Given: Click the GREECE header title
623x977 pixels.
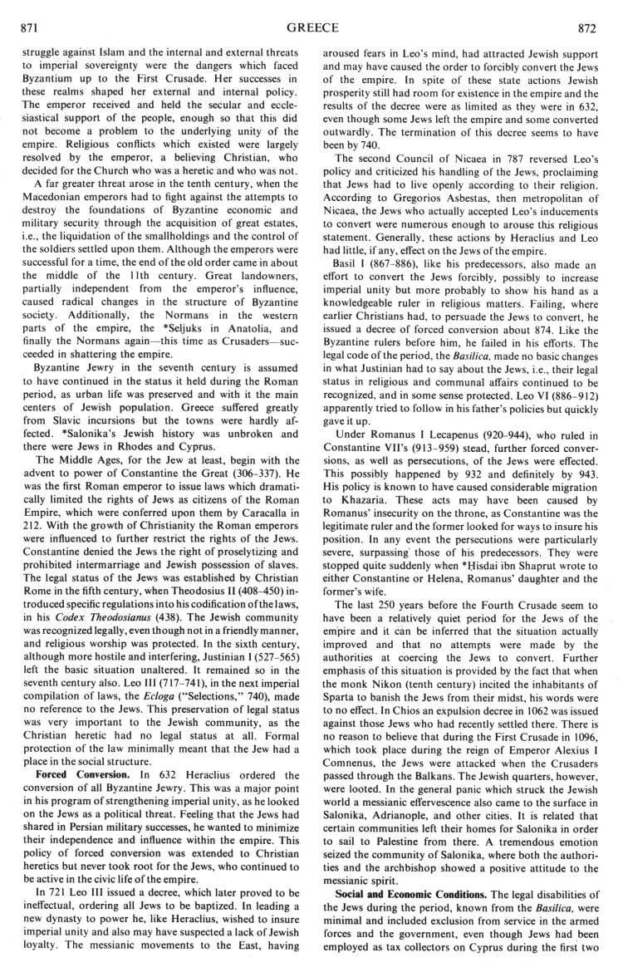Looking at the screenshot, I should click(311, 28).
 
